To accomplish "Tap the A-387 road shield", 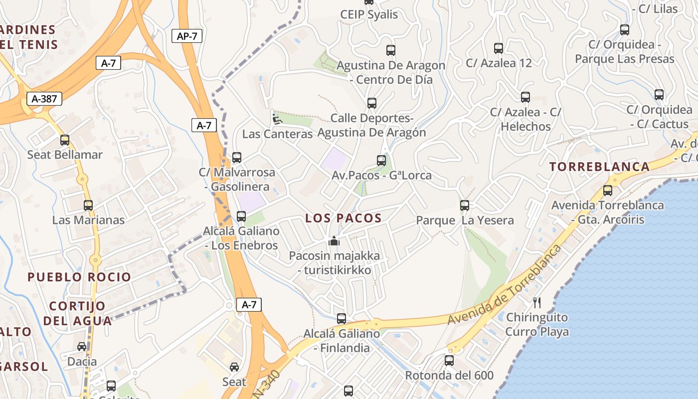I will [44, 99].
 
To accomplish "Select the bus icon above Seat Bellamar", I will [65, 140].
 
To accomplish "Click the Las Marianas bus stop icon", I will [88, 205].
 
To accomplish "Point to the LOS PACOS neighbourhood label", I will [344, 218].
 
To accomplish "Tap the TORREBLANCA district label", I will [600, 167].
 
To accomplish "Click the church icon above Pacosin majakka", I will [334, 241].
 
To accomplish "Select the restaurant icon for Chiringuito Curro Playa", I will [537, 302].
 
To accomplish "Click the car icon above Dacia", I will [82, 346].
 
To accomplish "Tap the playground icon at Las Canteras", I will [276, 119].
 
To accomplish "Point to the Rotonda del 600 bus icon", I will [449, 360].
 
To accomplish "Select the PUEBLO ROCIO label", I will [79, 277].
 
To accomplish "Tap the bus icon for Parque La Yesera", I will [465, 205].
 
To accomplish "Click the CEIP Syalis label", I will [369, 14].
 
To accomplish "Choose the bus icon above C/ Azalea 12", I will [499, 48].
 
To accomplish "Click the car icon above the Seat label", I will [234, 367].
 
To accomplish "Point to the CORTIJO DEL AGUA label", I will [77, 313].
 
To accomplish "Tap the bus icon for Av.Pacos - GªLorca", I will [381, 161].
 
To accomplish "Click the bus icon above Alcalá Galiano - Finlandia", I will [342, 318].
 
